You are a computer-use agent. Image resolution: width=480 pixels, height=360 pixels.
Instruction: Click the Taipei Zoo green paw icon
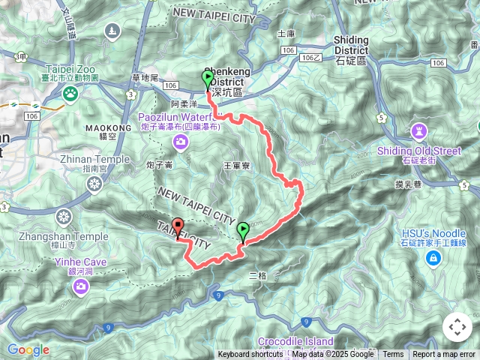tap(70, 94)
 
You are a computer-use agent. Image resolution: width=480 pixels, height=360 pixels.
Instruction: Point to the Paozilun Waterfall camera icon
tap(180, 142)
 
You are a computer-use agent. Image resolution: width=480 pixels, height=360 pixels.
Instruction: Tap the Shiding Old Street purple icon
tap(418, 133)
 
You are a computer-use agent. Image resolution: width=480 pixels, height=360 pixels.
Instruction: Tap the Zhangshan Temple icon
tap(65, 217)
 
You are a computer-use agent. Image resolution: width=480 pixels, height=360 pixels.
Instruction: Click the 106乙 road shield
tap(310, 57)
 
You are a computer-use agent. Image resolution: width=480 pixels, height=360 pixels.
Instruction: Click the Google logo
tap(28, 349)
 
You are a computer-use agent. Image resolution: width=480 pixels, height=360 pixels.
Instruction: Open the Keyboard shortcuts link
tap(250, 355)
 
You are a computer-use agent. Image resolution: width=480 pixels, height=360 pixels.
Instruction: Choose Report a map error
tap(445, 355)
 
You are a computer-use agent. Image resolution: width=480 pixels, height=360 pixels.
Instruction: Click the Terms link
tap(393, 355)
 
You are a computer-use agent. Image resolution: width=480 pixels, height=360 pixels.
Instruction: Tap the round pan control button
tap(457, 327)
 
